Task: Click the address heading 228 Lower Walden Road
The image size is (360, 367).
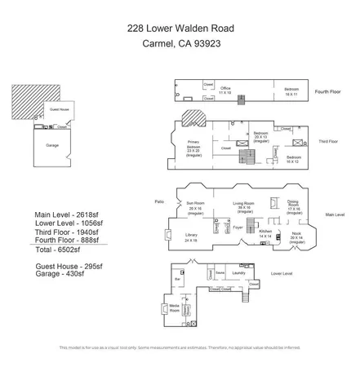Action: pos(180,29)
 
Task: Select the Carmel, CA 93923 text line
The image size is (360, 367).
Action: pos(180,46)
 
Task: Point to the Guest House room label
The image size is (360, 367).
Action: pos(60,108)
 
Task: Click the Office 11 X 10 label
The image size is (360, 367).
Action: pos(225,91)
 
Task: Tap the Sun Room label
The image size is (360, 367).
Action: pos(195,206)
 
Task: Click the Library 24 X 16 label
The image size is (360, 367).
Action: pos(190,239)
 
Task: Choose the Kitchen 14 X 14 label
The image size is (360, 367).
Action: pos(264,233)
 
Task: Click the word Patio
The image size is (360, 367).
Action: pos(159,201)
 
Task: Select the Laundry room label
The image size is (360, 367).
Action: pos(238,273)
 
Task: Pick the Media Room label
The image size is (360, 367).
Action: pos(174,309)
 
